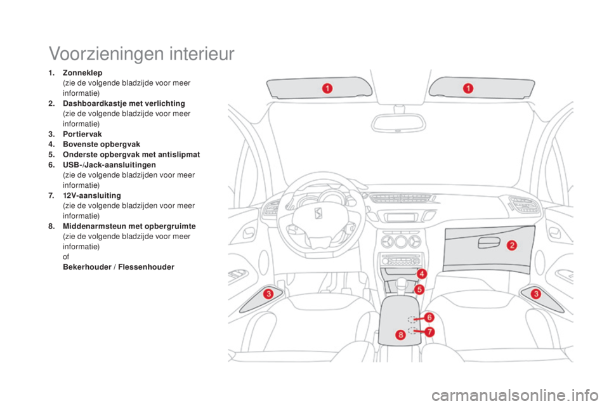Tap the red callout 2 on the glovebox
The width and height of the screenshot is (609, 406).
512,245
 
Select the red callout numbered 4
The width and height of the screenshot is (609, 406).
421,274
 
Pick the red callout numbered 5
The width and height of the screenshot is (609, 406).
419,289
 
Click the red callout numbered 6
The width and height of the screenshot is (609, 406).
429,317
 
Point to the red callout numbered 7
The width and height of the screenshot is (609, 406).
429,332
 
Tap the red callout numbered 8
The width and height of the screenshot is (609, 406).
400,334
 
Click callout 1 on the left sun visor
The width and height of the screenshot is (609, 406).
327,89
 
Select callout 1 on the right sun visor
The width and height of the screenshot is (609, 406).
468,89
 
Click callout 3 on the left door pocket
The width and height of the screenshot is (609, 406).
268,294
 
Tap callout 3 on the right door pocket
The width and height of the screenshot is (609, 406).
536,294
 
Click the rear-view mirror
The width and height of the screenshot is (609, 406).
398,122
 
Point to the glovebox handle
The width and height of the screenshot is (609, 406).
489,244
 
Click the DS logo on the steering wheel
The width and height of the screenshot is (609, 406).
318,213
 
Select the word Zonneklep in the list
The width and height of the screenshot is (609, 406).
82,73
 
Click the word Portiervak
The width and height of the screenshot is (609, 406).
82,134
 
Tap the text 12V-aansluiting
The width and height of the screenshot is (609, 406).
92,195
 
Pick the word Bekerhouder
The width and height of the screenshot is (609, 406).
87,267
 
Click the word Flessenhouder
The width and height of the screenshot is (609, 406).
147,267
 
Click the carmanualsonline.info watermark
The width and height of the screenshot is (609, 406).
515,396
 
